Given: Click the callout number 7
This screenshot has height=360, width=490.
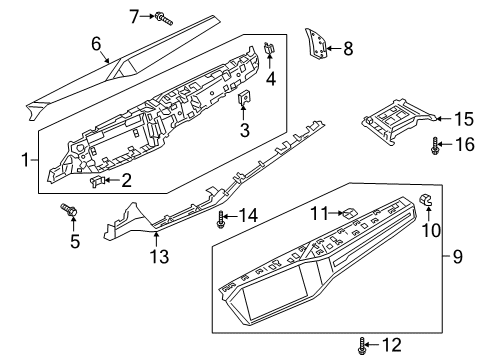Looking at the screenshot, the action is tap(134, 16).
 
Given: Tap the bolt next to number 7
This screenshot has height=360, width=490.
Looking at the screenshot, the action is tap(164, 18).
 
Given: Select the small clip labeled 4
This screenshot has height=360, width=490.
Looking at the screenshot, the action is tap(269, 49).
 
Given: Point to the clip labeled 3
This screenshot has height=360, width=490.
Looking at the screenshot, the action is tap(243, 97).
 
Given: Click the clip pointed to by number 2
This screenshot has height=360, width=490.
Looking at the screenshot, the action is tap(97, 181).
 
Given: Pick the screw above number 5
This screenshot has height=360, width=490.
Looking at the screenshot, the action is tap(69, 210).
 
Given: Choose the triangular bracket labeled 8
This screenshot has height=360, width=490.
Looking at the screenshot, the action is tap(316, 44).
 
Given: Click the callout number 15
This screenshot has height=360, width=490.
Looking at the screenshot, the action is tap(464, 119).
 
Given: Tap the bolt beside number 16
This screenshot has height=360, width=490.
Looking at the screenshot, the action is tap(435, 146).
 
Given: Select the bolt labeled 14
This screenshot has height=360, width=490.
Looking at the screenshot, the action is tap(220, 219).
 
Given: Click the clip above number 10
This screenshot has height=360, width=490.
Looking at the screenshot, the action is tap(425, 199).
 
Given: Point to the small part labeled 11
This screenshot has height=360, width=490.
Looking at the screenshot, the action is tap(349, 212).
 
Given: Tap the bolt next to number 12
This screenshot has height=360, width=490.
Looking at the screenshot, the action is tap(361, 346).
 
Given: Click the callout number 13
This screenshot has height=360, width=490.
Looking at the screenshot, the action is tap(159, 256).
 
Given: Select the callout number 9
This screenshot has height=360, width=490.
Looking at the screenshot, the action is tap(458, 257).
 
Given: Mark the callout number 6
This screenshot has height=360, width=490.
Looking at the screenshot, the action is tap(96, 44).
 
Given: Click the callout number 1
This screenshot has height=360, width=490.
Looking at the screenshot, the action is tap(25, 160).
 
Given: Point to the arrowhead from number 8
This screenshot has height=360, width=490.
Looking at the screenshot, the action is tap(329, 49).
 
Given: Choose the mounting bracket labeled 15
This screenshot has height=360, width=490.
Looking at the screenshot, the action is tap(399, 121).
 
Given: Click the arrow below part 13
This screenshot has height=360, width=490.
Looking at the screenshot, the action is tap(156, 240).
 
